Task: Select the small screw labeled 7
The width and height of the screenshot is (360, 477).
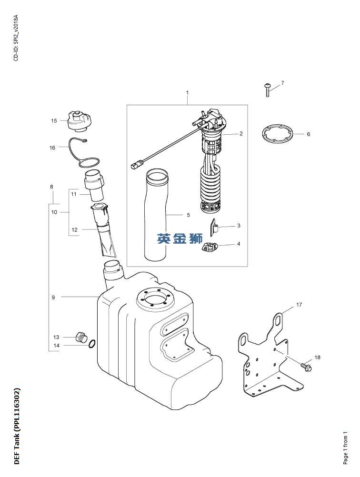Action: [268, 90]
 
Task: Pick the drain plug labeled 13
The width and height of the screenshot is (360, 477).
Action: [81, 338]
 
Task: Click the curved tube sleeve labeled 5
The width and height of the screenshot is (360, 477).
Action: [156, 215]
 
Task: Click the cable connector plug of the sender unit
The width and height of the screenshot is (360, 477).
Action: [135, 165]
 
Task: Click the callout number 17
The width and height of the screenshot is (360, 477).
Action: [299, 305]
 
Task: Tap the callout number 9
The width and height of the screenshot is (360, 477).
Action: [53, 298]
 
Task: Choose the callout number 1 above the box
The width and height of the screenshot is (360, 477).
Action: [188, 92]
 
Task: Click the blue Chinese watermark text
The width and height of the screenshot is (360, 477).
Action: [180, 238]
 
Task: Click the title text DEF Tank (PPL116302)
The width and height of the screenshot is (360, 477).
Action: [17, 427]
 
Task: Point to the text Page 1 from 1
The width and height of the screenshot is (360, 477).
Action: [345, 448]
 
